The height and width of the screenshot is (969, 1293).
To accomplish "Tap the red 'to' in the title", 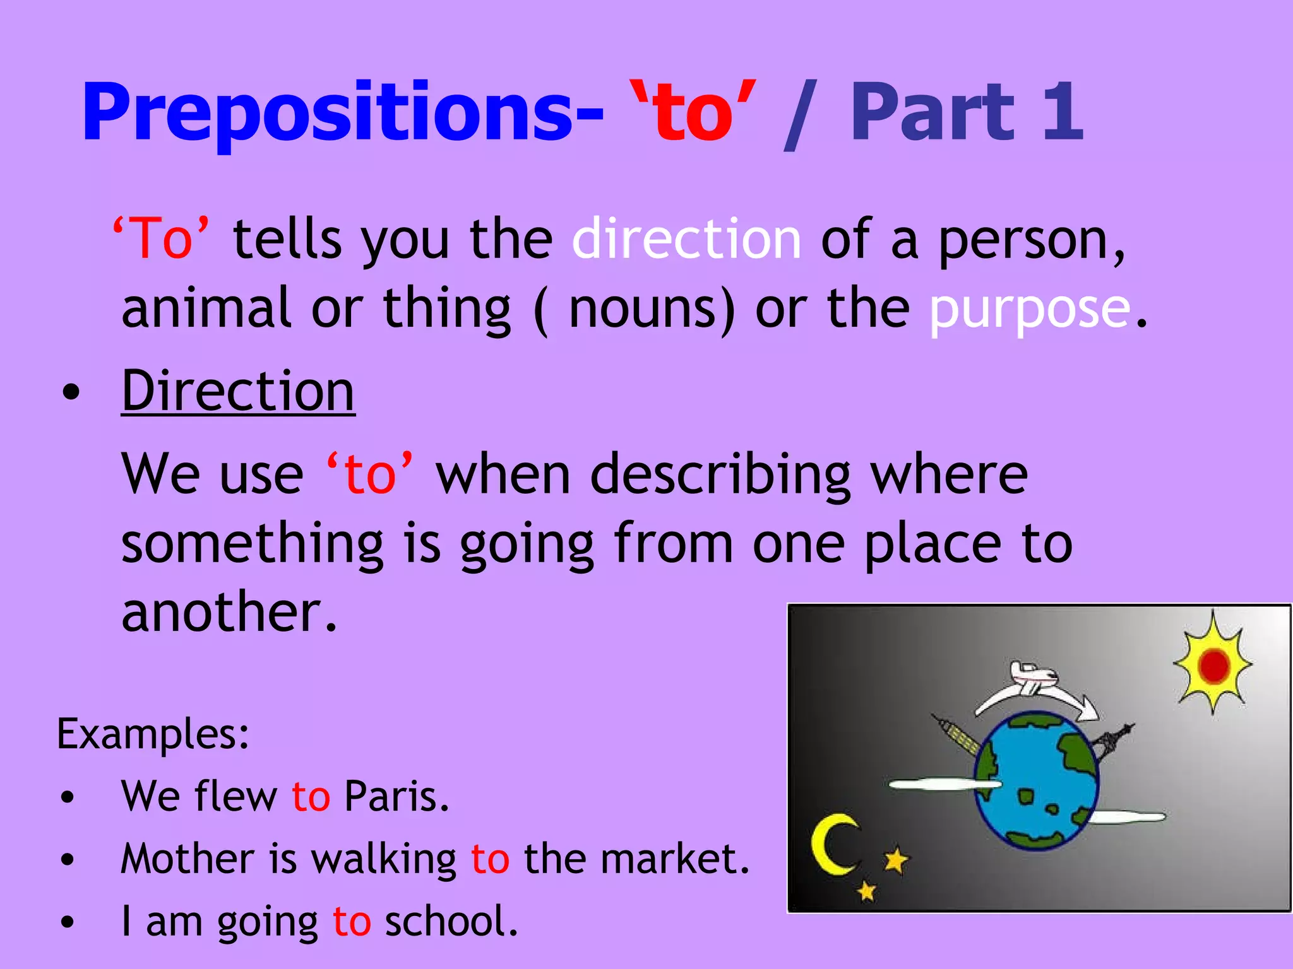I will [694, 114].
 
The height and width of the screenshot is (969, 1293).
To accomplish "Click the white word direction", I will [687, 239].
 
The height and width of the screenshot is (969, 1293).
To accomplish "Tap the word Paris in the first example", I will [396, 796].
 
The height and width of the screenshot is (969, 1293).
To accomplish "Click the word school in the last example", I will [451, 921].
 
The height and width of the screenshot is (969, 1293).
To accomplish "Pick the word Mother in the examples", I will [187, 859].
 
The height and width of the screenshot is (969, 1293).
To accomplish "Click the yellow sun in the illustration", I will [1213, 665].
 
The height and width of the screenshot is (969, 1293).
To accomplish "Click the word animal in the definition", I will [206, 308].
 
